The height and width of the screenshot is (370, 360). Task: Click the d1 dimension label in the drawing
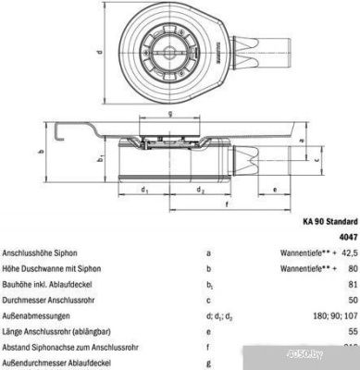[144, 191]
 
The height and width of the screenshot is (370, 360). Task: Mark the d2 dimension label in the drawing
[201, 191]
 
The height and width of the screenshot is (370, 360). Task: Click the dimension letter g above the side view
[171, 115]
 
